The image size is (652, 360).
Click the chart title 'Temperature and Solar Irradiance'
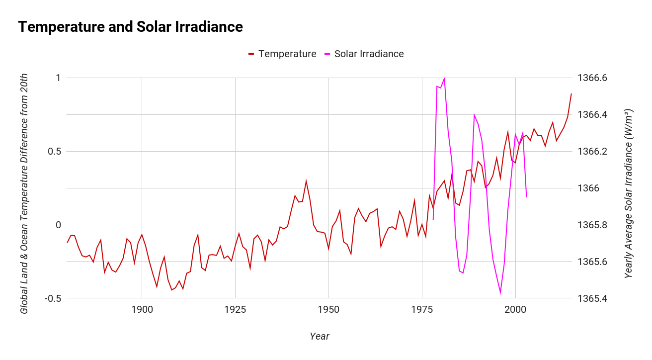[130, 27]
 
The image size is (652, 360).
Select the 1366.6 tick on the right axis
[592, 78]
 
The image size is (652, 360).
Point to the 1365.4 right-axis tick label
[592, 298]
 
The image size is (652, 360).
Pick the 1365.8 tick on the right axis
[592, 225]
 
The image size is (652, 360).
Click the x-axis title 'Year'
[319, 337]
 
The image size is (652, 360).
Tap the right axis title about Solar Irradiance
[629, 193]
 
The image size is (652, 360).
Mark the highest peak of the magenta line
[444, 78]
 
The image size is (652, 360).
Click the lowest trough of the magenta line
[500, 293]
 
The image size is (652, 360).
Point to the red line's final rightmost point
[571, 93]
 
